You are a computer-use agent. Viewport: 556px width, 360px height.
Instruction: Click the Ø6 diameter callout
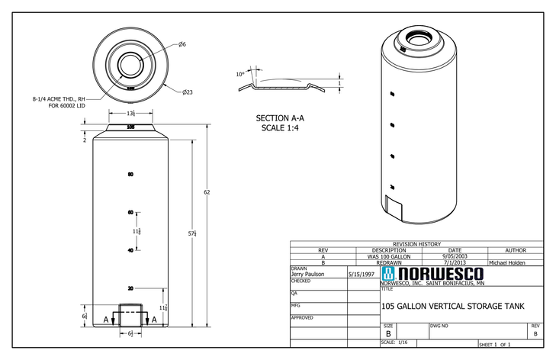pos(183,44)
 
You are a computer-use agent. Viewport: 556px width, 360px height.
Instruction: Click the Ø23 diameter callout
pos(187,92)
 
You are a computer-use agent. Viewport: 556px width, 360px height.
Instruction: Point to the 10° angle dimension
pos(240,74)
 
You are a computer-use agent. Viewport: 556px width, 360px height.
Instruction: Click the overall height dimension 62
pos(207,192)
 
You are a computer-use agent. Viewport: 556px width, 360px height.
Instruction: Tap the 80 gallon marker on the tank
pos(131,175)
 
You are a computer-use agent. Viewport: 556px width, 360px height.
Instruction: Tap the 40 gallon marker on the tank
pos(131,250)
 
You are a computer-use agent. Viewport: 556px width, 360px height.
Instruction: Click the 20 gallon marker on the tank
pos(131,288)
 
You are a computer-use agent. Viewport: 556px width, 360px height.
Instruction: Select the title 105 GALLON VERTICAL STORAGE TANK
pos(454,307)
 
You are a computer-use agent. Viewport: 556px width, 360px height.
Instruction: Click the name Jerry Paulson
pos(308,274)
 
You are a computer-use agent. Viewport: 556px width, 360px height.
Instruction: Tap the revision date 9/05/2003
pos(455,256)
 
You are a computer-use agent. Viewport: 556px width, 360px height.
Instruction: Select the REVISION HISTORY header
pos(416,243)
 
